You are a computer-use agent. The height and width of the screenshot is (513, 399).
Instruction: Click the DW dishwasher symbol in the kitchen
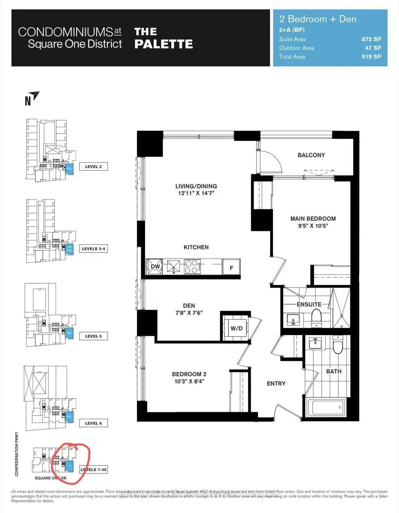click(x=155, y=266)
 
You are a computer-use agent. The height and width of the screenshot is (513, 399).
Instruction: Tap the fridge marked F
click(x=231, y=267)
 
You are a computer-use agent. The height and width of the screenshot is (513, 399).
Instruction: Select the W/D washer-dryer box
click(x=236, y=328)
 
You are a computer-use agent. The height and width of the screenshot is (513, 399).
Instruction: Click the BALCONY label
click(x=311, y=155)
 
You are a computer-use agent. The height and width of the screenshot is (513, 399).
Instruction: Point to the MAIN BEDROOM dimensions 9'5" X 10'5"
click(x=313, y=226)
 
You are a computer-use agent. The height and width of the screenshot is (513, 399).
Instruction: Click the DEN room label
click(x=189, y=306)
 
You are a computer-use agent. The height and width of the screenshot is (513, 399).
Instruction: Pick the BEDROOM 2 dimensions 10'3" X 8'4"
click(x=189, y=381)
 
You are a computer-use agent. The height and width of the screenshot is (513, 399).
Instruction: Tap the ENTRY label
click(x=276, y=384)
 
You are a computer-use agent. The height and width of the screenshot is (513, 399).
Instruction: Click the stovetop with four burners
click(x=192, y=267)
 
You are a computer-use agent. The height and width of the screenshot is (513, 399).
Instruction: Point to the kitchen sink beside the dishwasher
click(x=173, y=267)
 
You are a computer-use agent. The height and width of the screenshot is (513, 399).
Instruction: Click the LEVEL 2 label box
click(x=93, y=167)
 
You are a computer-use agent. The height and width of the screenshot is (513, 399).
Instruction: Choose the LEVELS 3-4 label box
click(x=93, y=249)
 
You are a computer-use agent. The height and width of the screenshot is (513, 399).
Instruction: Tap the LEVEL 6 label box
click(x=93, y=423)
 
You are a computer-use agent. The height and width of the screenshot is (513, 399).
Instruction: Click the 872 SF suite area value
click(x=371, y=39)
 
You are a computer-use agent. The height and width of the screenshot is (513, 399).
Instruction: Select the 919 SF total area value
click(x=371, y=57)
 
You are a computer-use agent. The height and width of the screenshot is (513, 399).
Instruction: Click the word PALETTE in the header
click(x=163, y=44)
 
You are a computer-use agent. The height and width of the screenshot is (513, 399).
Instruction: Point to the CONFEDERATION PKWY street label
click(x=17, y=454)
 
